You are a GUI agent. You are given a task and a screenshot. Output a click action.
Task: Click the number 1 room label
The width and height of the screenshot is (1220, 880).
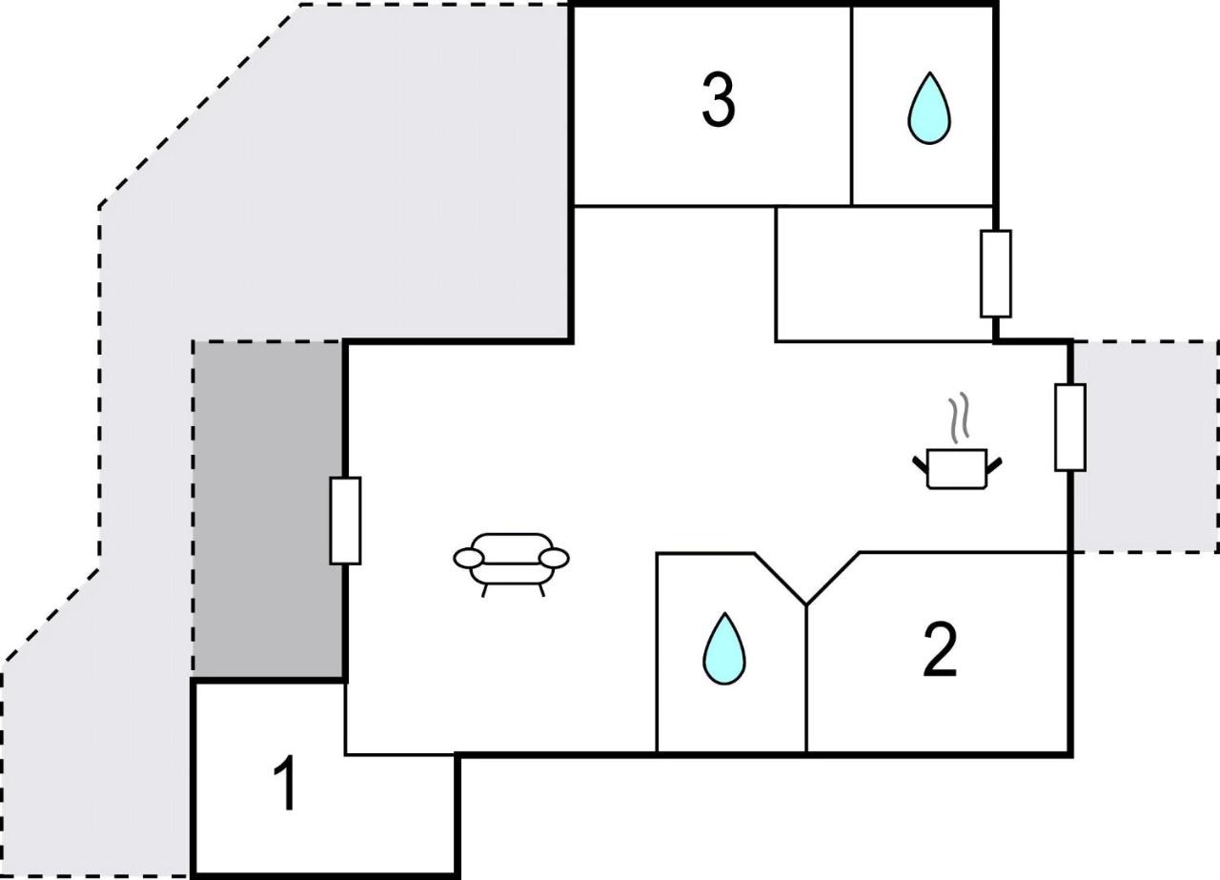pos(285,784)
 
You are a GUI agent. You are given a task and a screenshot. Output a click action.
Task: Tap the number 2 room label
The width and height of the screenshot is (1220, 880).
pos(940,650)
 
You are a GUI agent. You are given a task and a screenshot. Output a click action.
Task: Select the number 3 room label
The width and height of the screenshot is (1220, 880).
pos(719,101)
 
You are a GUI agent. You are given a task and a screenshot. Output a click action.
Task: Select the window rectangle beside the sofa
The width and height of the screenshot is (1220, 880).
pos(345,521)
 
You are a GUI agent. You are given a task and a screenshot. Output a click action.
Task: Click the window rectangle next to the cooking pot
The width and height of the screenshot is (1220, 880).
pos(1069,427)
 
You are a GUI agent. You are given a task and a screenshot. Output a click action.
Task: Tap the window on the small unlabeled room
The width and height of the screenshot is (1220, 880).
pos(996,274)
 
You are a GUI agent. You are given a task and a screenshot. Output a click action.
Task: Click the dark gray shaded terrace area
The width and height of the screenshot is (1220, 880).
pos(269,509)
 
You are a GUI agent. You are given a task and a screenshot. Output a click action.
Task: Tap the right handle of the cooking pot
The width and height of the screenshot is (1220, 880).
pos(994,465)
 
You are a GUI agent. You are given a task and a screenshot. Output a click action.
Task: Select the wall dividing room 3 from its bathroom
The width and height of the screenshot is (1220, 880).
pos(851,105)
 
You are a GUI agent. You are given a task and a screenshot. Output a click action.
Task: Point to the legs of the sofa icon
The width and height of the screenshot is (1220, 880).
pos(513,589)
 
